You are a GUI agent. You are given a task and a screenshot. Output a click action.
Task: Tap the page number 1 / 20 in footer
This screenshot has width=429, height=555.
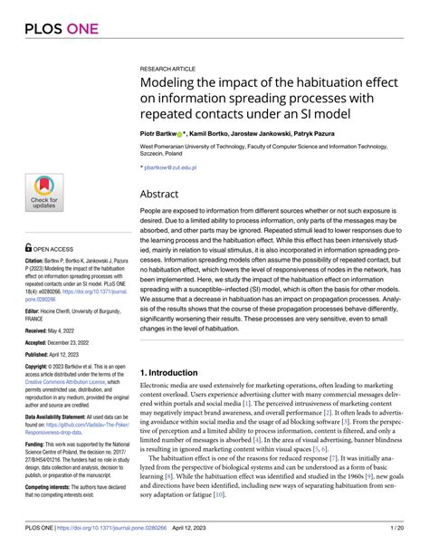(x=396, y=541)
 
